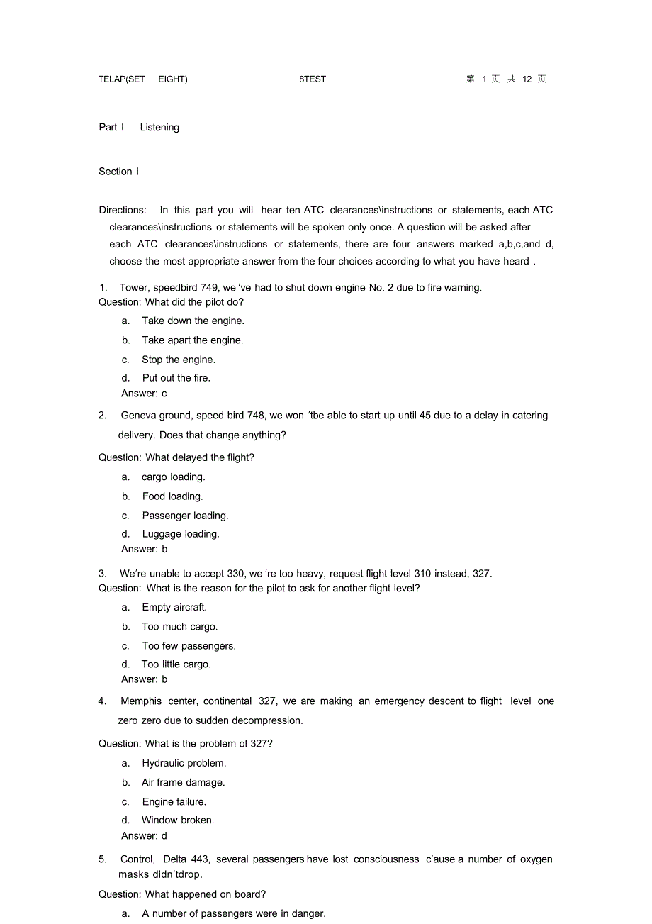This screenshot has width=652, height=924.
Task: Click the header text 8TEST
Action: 313,79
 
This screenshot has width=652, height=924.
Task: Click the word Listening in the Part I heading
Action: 159,128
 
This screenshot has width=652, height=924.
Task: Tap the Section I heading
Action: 119,172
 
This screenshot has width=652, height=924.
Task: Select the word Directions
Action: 123,210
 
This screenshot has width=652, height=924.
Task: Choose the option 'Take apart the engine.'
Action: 192,340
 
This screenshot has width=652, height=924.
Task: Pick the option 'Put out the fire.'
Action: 176,378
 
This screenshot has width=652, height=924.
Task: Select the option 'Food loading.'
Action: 172,496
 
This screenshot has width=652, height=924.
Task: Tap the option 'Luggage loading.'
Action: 181,534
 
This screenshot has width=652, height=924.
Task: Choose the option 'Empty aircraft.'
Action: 174,607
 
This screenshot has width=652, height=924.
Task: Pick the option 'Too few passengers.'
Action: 189,646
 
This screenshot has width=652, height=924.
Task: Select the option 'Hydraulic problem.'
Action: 184,763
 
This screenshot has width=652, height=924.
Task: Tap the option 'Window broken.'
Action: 178,820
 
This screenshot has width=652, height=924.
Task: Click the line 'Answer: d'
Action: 144,836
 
